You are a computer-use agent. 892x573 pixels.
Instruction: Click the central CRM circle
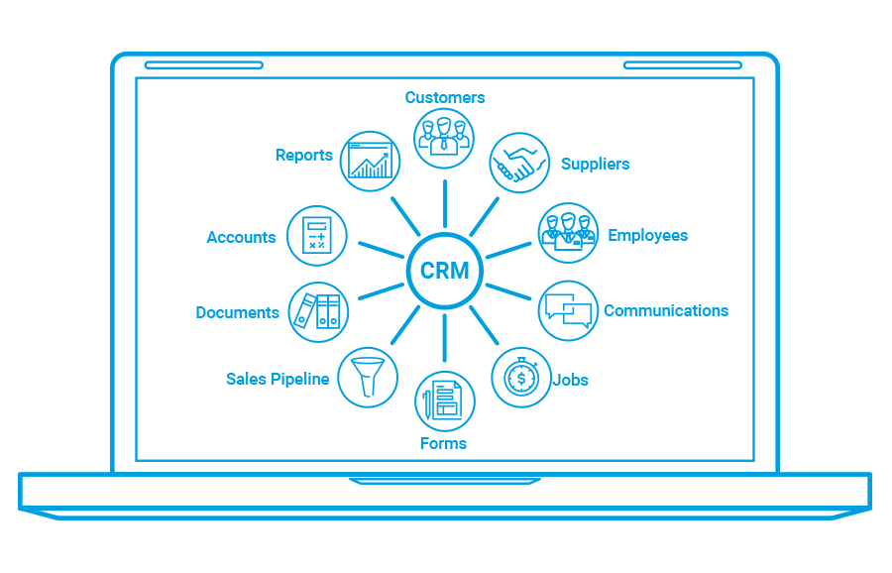click(x=445, y=271)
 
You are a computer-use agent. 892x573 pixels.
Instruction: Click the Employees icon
click(x=568, y=233)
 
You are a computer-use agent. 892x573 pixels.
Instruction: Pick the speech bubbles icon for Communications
click(x=569, y=310)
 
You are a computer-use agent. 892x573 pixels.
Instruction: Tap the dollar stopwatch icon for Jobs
click(x=521, y=378)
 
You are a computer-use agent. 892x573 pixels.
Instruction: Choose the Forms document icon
click(x=444, y=401)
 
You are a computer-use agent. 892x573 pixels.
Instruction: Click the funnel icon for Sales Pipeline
click(x=368, y=377)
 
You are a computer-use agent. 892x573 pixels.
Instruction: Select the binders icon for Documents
click(x=318, y=310)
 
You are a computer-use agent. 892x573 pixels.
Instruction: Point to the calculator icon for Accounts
click(x=317, y=236)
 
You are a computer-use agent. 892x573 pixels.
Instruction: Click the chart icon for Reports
click(x=370, y=161)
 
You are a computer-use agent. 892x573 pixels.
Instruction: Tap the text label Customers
click(x=445, y=97)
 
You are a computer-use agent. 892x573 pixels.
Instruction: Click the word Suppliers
click(x=595, y=164)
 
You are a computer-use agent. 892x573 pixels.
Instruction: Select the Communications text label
click(x=666, y=310)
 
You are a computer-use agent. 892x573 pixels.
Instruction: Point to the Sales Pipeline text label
click(x=278, y=379)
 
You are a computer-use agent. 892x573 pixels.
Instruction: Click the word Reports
click(x=304, y=155)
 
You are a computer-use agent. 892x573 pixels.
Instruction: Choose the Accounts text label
click(x=241, y=237)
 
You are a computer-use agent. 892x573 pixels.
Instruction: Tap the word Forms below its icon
click(x=443, y=443)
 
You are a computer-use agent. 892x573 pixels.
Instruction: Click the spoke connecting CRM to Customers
click(x=445, y=203)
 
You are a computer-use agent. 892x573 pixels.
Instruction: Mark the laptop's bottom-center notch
click(x=445, y=482)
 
